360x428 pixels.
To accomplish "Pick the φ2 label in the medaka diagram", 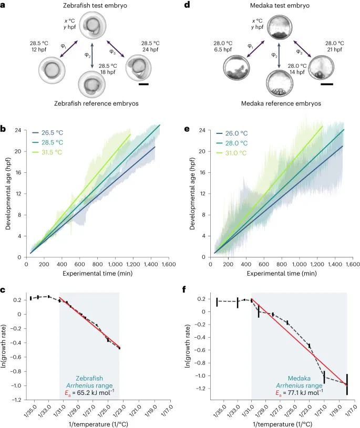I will [x=273, y=54].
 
